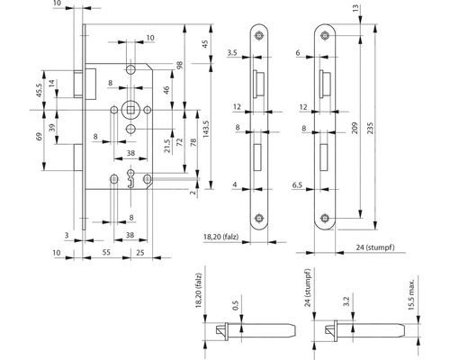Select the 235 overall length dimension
(370, 128)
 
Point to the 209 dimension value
(355, 128)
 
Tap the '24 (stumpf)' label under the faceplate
(375, 247)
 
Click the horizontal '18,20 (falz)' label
(221, 237)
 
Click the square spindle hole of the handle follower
(130, 110)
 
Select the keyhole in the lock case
(130, 179)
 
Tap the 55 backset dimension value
(106, 252)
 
